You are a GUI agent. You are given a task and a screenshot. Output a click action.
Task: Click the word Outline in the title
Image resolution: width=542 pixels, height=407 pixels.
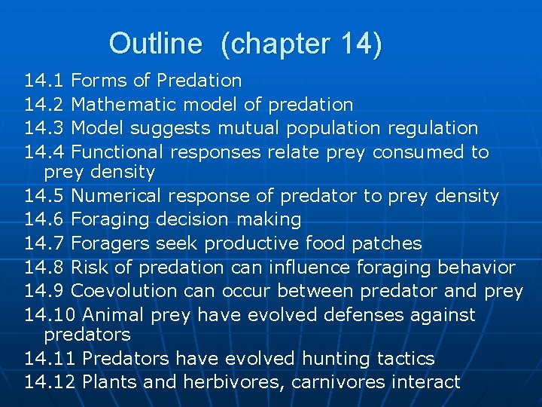click(155, 44)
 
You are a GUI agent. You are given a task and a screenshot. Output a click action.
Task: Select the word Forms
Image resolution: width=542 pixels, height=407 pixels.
click(99, 81)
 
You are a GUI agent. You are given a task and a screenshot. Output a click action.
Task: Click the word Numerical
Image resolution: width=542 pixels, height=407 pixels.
click(117, 197)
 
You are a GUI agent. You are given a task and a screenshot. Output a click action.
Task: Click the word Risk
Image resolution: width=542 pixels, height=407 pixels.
click(93, 268)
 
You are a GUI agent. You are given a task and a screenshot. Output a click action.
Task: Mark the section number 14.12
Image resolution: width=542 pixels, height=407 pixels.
click(50, 382)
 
